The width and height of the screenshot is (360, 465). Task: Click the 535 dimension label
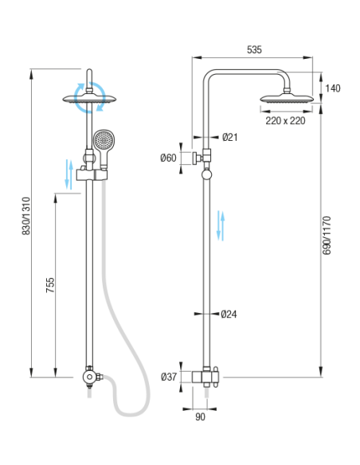(x=254, y=49)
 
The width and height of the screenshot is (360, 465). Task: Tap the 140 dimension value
(x=333, y=88)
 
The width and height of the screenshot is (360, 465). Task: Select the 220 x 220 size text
(x=285, y=121)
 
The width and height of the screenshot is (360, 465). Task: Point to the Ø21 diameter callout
(x=230, y=137)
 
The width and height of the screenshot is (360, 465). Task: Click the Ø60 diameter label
(x=168, y=158)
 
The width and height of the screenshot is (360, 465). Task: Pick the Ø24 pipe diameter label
(x=229, y=314)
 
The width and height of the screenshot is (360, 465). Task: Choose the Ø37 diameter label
(x=169, y=377)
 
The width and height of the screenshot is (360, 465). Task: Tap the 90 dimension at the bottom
(x=200, y=416)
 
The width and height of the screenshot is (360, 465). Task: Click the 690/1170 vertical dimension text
(x=327, y=236)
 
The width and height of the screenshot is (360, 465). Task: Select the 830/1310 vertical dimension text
(x=26, y=216)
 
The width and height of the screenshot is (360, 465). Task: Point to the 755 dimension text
(x=50, y=285)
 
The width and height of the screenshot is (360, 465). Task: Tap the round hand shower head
(x=104, y=139)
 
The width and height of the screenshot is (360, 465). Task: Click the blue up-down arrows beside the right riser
(x=221, y=225)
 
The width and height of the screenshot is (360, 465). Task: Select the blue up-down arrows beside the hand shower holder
(x=68, y=174)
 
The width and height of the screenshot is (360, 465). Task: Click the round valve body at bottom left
(x=88, y=377)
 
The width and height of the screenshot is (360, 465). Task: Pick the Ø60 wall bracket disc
(x=195, y=158)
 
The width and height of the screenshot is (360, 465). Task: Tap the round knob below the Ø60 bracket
(x=207, y=174)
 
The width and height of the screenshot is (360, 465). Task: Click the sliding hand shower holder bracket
(x=92, y=174)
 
